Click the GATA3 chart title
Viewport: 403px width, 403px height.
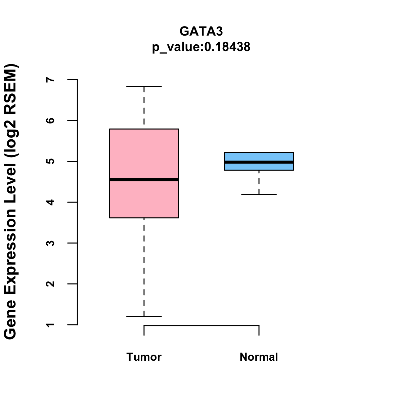pos(201,31)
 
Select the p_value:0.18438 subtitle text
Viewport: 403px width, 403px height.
pos(201,47)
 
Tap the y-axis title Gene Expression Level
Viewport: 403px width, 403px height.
pos(10,201)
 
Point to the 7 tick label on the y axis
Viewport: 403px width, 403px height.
pos(51,80)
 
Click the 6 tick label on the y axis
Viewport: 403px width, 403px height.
pos(51,121)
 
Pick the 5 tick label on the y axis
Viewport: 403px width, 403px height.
pos(51,162)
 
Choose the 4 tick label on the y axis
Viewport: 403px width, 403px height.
pos(51,202)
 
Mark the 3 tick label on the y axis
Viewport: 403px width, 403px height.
pos(51,243)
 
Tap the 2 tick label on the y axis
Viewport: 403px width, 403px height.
pos(51,284)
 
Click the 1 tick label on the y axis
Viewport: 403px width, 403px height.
pos(51,325)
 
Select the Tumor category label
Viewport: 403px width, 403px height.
pos(144,357)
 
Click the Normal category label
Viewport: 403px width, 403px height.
pos(259,357)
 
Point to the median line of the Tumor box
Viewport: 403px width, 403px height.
pos(144,180)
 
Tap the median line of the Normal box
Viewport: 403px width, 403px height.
pos(259,162)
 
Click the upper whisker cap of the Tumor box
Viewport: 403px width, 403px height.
pos(144,87)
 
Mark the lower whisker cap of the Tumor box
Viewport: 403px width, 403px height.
pos(144,316)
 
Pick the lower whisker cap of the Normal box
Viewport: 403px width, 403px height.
pos(259,194)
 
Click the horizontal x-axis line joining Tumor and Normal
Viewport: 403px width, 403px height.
pos(201,325)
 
